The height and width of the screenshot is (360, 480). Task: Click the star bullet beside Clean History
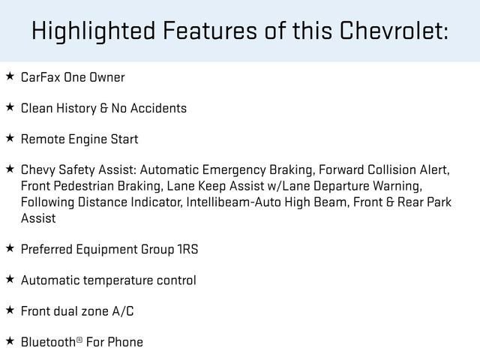pos(10,107)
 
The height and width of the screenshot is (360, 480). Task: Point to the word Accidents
pos(158,108)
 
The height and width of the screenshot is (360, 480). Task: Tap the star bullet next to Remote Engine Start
pos(10,138)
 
